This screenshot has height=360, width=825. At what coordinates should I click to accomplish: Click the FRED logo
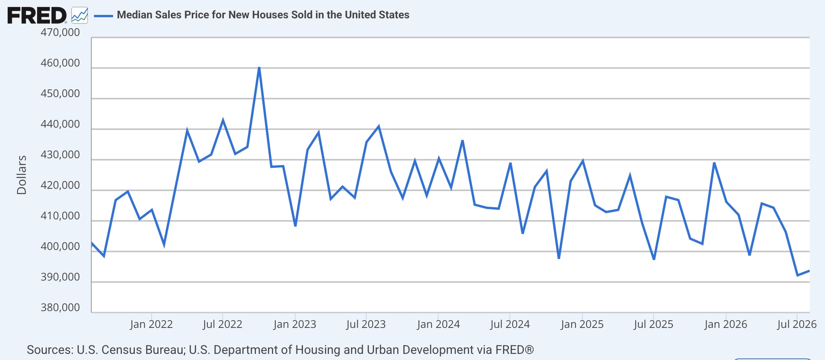(x=37, y=16)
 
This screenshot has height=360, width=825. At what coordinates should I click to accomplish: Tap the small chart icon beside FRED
(x=79, y=15)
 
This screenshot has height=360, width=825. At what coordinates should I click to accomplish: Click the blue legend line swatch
(x=103, y=16)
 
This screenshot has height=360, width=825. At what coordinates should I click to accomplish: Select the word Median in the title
(x=134, y=15)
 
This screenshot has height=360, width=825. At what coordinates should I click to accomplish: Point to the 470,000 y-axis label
(x=60, y=32)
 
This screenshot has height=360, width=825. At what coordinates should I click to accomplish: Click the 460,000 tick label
(x=60, y=63)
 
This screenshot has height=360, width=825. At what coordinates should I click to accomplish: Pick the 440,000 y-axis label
(x=60, y=124)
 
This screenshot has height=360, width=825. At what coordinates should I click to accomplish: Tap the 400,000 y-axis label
(x=60, y=246)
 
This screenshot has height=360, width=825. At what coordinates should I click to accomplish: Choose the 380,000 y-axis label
(x=60, y=308)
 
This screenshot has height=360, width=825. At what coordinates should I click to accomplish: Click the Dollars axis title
(x=22, y=175)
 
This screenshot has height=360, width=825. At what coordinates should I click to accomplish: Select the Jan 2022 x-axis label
(x=151, y=324)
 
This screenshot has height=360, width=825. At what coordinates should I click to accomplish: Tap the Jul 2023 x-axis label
(x=366, y=324)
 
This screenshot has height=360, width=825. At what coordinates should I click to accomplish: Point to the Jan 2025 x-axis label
(x=582, y=324)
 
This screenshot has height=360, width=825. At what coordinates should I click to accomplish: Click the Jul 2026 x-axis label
(x=797, y=324)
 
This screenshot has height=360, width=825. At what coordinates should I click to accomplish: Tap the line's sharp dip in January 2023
(x=295, y=225)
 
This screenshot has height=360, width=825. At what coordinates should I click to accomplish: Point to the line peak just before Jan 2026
(x=714, y=163)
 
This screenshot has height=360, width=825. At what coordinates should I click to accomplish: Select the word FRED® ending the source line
(x=514, y=350)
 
